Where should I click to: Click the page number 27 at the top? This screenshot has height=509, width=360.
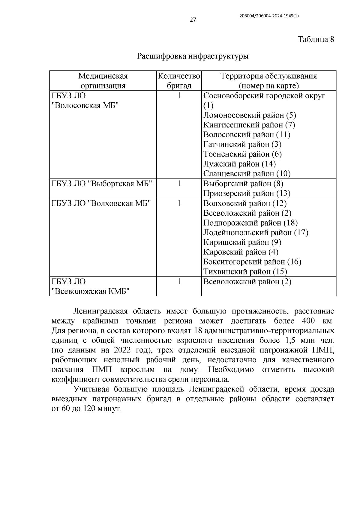pyautogui.click(x=193, y=20)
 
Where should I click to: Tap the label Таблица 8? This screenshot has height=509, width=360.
pyautogui.click(x=316, y=39)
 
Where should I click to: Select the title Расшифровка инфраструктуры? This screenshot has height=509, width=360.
pyautogui.click(x=193, y=56)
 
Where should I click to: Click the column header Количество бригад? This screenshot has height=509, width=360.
pyautogui.click(x=179, y=81)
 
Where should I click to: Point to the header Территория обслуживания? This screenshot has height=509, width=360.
pyautogui.click(x=268, y=76)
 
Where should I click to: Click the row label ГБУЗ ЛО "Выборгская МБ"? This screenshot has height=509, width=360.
pyautogui.click(x=102, y=184)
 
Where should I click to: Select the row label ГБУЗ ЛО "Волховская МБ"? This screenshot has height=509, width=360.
pyautogui.click(x=101, y=203)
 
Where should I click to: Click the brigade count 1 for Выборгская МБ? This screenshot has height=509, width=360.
pyautogui.click(x=179, y=184)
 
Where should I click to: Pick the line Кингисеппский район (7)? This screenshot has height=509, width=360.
pyautogui.click(x=249, y=125)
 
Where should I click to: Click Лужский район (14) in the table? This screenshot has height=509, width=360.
pyautogui.click(x=239, y=164)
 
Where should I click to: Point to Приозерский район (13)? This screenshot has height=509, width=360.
pyautogui.click(x=247, y=193)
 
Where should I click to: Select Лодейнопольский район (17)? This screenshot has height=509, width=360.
pyautogui.click(x=256, y=232)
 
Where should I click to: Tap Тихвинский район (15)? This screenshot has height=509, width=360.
pyautogui.click(x=245, y=272)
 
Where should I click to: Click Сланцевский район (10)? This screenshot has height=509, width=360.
pyautogui.click(x=247, y=174)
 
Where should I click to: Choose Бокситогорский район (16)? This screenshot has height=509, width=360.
pyautogui.click(x=252, y=262)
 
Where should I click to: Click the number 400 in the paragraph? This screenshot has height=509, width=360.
pyautogui.click(x=308, y=321)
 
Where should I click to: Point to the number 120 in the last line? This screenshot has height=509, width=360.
pyautogui.click(x=87, y=409)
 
